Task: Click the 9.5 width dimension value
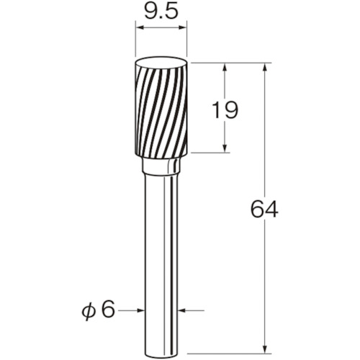click(x=161, y=12)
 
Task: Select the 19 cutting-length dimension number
click(x=225, y=110)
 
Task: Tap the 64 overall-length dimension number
click(x=264, y=209)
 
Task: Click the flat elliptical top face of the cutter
click(x=161, y=63)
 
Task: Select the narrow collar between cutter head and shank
click(x=161, y=166)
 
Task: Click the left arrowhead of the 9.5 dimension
click(x=140, y=28)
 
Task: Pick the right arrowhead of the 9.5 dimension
click(x=183, y=28)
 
